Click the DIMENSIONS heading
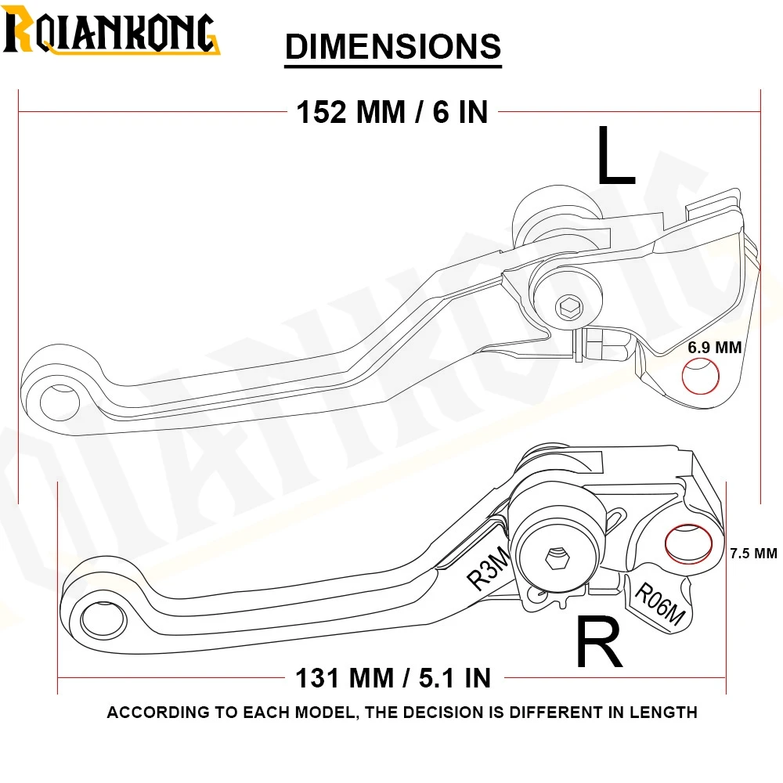coord(393,46)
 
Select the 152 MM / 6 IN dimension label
coord(392,112)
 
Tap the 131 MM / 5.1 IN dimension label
coord(393,678)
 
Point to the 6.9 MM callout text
coord(715,348)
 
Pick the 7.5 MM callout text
coord(753,554)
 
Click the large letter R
coord(599,642)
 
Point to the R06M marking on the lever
coord(659,604)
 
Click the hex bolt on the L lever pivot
coord(570,307)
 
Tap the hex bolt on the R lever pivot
coord(557,559)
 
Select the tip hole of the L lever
coord(60,402)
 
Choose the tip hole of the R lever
coord(103,619)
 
